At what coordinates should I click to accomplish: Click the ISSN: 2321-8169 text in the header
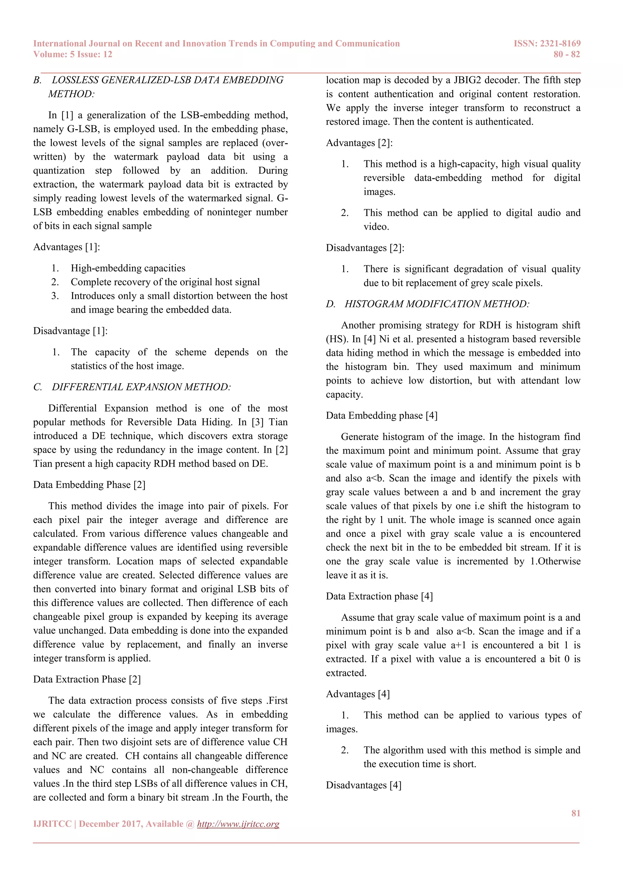point(547,44)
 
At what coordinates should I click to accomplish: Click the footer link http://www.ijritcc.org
point(238,824)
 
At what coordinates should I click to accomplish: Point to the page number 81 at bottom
point(576,813)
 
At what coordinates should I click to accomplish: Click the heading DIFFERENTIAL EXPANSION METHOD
point(141,387)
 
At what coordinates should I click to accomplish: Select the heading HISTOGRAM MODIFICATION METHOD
point(437,304)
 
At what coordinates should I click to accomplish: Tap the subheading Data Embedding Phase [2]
point(89,485)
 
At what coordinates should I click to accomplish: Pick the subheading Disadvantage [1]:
point(70,331)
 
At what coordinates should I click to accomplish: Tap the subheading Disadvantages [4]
point(363,785)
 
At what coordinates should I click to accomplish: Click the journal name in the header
point(216,44)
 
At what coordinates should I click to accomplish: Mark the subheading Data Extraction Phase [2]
point(87,679)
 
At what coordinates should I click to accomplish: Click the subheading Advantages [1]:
point(66,247)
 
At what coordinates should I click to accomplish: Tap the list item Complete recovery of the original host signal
point(165,282)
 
